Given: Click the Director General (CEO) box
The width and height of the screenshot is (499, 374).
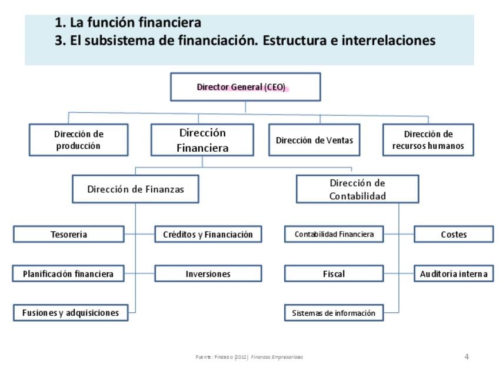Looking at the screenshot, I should coord(245,87).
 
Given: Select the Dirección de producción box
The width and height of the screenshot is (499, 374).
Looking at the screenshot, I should coord(78,140).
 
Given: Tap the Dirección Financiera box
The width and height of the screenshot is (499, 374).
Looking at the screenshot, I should coord(202,140).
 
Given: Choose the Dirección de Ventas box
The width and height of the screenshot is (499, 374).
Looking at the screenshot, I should coord(314,140).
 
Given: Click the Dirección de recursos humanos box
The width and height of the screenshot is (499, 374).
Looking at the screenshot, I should coord(428,140).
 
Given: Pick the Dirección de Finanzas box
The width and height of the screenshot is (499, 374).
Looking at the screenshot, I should coord(135,189).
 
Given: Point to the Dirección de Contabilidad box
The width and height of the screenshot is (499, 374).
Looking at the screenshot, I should coord(357,189).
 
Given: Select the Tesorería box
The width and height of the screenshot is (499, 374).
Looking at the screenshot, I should coord(69,235).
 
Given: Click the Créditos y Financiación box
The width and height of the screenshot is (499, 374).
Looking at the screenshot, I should coord(208,235).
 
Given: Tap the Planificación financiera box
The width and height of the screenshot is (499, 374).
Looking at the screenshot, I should coord(68,273).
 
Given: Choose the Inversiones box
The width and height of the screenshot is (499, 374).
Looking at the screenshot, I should coord(208,273).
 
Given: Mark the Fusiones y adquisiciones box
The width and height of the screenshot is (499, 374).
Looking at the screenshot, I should coord(71,313).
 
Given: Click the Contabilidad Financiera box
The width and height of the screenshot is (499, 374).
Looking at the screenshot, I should coord(334,234).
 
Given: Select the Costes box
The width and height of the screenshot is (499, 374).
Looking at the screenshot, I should coord(453,234).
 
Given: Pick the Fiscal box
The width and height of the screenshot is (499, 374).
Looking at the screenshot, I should coord(334,273).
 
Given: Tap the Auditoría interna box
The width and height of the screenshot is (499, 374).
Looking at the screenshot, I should coord(453,273).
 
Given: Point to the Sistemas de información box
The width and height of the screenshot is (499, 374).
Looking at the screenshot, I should coord(334,313).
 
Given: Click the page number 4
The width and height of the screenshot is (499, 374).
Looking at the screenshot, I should coord(467,356).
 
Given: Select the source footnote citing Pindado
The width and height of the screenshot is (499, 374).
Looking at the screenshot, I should coord(249,357).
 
